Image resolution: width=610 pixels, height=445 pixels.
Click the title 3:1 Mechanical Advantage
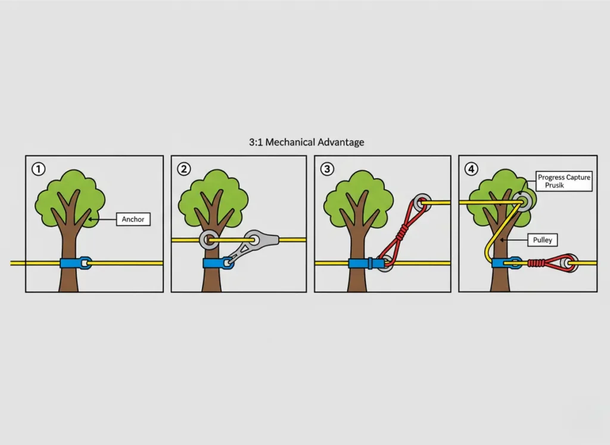click(307, 142)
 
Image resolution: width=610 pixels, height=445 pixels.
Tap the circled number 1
click(39, 169)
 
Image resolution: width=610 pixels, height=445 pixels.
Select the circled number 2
click(183, 169)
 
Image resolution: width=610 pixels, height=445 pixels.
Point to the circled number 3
click(327, 169)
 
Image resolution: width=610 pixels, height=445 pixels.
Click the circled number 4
click(472, 169)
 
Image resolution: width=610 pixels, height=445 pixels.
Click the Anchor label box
click(133, 219)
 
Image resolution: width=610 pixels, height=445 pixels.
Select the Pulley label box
click(542, 239)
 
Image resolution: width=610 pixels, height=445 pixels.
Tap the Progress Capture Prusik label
click(564, 181)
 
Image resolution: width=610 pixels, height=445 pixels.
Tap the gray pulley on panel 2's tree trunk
click(208, 239)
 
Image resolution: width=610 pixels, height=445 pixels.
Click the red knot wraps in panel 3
click(402, 232)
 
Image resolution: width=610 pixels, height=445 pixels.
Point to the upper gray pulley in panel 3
click(422, 203)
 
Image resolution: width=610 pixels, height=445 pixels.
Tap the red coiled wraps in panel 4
click(536, 263)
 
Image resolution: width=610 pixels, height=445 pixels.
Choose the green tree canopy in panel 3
click(359, 198)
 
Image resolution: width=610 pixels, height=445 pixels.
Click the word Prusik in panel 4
click(555, 185)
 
